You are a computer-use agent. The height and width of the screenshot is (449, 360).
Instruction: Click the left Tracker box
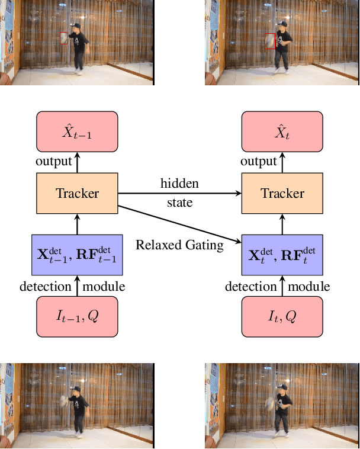pyautogui.click(x=78, y=193)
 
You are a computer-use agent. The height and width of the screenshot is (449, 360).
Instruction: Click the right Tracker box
pyautogui.click(x=283, y=193)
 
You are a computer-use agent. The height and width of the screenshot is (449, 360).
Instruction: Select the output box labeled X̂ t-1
pyautogui.click(x=78, y=132)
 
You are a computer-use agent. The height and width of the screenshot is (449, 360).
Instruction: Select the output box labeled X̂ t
pyautogui.click(x=283, y=132)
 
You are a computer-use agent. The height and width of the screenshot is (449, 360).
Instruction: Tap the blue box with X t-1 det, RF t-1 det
pyautogui.click(x=78, y=254)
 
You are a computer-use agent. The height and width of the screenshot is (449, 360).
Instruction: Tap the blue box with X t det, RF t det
pyautogui.click(x=283, y=254)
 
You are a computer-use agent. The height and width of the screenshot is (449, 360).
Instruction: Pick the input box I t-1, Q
pyautogui.click(x=78, y=316)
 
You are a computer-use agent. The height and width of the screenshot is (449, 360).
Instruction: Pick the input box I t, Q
pyautogui.click(x=283, y=316)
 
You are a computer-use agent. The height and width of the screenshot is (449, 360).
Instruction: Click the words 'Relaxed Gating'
pyautogui.click(x=180, y=245)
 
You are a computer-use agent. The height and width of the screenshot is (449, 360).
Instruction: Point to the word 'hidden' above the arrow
pyautogui.click(x=179, y=184)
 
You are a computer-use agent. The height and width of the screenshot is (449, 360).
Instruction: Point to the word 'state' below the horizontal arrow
pyautogui.click(x=179, y=203)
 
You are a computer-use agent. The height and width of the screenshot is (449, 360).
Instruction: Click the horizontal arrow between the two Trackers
pyautogui.click(x=180, y=193)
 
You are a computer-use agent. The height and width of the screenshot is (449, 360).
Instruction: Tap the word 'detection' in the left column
pyautogui.click(x=46, y=287)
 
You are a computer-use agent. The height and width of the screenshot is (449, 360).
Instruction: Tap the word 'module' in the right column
pyautogui.click(x=309, y=287)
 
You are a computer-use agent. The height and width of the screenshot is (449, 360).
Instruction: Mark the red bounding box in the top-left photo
pyautogui.click(x=64, y=38)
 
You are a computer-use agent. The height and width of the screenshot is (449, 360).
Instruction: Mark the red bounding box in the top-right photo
pyautogui.click(x=270, y=41)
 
